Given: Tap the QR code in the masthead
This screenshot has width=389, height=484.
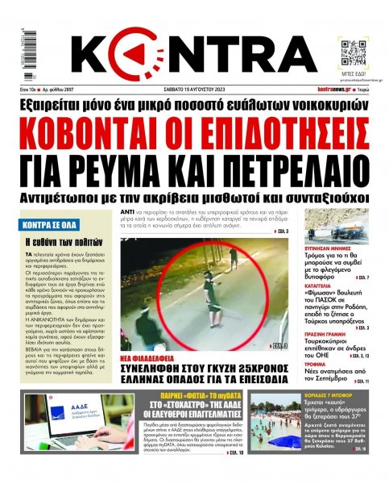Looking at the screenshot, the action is (353, 51).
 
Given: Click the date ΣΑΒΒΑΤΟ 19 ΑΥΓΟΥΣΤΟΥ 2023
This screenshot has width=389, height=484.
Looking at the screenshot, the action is (193, 88).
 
